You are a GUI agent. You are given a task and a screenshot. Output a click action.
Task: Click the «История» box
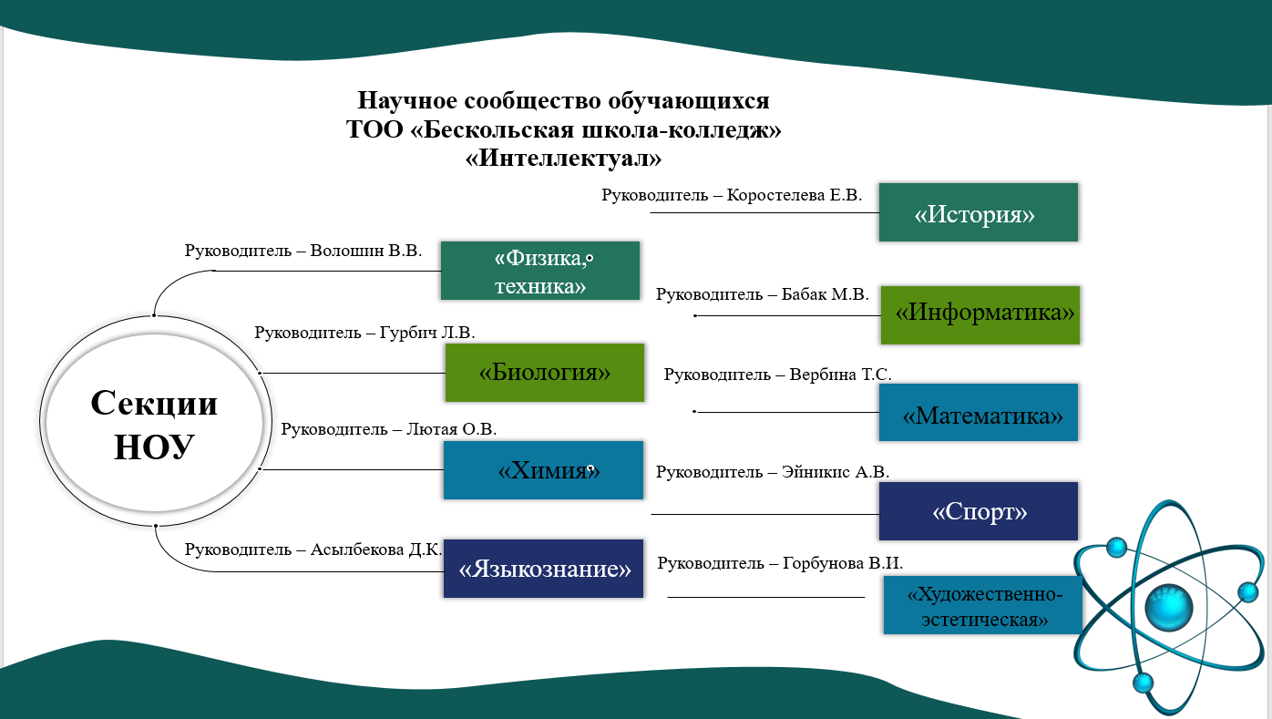pos(979,212)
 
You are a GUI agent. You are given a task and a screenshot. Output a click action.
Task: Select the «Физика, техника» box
pos(540,271)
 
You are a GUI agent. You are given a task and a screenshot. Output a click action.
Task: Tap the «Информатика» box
pos(980,315)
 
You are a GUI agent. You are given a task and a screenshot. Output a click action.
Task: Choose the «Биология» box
pos(545,373)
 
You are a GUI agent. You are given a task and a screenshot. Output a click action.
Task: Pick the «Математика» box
pos(979,412)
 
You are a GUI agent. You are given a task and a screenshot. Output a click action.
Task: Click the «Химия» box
pos(543,470)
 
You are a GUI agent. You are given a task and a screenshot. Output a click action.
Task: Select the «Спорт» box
pos(979,511)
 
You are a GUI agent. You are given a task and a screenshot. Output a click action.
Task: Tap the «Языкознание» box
pos(543,569)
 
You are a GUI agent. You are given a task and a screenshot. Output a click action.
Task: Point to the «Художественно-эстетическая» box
pos(983,605)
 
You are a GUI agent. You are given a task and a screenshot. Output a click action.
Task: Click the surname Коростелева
pos(775,195)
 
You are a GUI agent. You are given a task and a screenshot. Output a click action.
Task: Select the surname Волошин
pos(347,251)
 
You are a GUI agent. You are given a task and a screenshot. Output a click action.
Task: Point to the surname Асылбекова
pos(357,550)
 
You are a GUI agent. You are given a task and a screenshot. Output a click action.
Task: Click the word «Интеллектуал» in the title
pos(563,158)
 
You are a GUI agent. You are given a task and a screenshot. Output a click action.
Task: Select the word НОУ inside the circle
pos(155,447)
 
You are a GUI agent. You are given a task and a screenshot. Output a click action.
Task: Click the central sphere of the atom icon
pos(1169,607)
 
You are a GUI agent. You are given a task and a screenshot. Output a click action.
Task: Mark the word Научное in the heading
pos(407,100)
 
